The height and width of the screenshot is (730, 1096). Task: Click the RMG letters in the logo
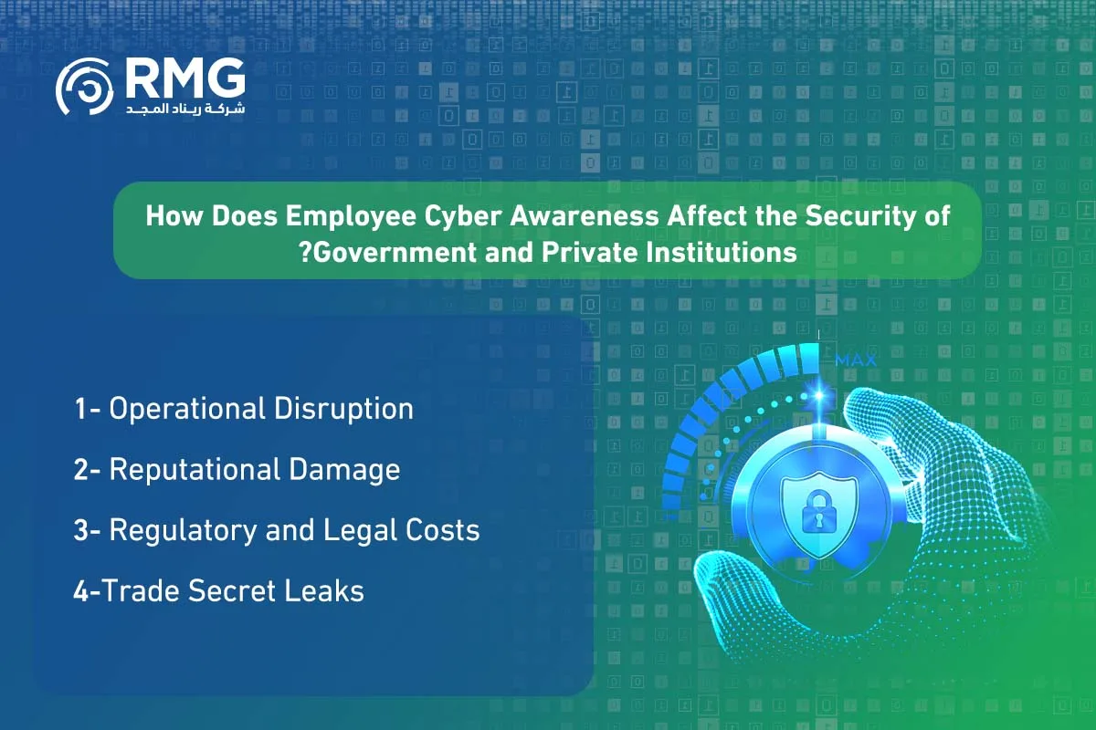click(x=185, y=78)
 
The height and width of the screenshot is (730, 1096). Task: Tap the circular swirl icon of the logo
click(x=85, y=87)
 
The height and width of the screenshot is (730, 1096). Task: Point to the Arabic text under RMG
click(x=185, y=109)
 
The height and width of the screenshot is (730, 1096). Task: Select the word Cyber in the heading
click(x=463, y=215)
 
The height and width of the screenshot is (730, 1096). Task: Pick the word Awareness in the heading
click(x=585, y=215)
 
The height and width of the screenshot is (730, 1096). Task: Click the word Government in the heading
click(x=395, y=253)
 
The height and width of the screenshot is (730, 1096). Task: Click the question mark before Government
click(x=305, y=253)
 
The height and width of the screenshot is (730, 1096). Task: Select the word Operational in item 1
click(x=187, y=409)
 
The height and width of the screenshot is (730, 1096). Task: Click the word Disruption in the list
click(x=344, y=409)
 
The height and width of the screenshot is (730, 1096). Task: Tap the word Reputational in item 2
click(x=195, y=470)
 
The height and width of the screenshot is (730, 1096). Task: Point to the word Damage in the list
click(x=344, y=471)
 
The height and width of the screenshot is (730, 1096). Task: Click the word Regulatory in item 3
click(x=183, y=531)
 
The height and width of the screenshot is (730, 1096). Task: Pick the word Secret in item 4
click(x=232, y=590)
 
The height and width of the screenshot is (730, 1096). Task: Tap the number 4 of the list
click(x=80, y=591)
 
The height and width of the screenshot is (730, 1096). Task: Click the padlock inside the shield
click(x=819, y=513)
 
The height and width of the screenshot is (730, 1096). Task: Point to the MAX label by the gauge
click(x=856, y=360)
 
